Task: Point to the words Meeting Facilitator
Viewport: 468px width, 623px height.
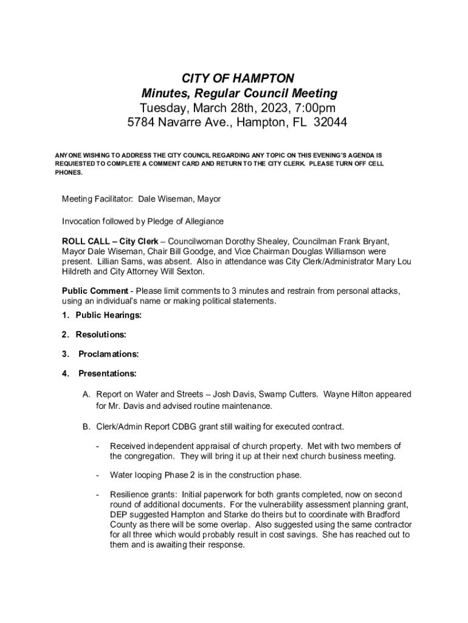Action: click(x=97, y=199)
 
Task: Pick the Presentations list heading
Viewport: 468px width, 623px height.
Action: click(x=108, y=373)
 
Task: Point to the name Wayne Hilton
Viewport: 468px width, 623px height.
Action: click(x=350, y=394)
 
